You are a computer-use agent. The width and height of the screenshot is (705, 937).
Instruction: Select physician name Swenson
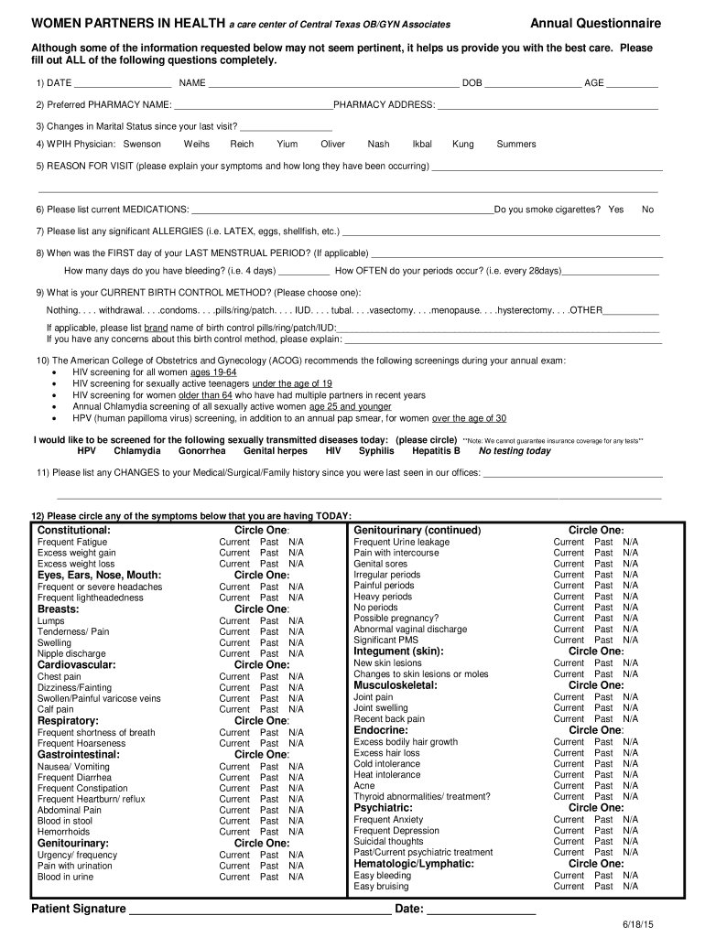tap(142, 145)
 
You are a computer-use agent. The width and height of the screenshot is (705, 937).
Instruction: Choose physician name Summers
tap(516, 145)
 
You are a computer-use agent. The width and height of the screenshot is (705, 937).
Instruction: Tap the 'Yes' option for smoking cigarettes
tap(615, 210)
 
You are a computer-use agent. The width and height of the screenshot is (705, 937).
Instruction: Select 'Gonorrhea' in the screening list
tap(202, 451)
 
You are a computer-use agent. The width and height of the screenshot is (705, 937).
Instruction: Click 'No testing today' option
tap(515, 451)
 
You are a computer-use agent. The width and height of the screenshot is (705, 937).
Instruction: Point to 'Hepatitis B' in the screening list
tap(436, 451)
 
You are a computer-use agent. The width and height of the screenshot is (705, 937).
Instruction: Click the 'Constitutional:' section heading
tap(74, 531)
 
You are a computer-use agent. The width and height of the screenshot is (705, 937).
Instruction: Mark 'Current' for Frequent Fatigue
tap(234, 543)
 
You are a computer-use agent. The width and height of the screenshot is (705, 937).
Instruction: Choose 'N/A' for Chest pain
tap(296, 676)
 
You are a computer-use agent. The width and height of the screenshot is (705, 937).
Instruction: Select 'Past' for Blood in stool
tap(269, 821)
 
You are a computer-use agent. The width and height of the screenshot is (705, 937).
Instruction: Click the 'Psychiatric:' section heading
tap(383, 808)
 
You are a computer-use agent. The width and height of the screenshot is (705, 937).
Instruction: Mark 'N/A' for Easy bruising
tap(631, 886)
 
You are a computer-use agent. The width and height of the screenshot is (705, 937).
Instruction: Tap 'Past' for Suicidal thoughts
tap(604, 841)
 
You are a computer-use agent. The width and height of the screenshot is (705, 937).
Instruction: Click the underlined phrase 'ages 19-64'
tap(213, 373)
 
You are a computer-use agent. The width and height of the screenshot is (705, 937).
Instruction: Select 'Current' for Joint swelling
tap(569, 707)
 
